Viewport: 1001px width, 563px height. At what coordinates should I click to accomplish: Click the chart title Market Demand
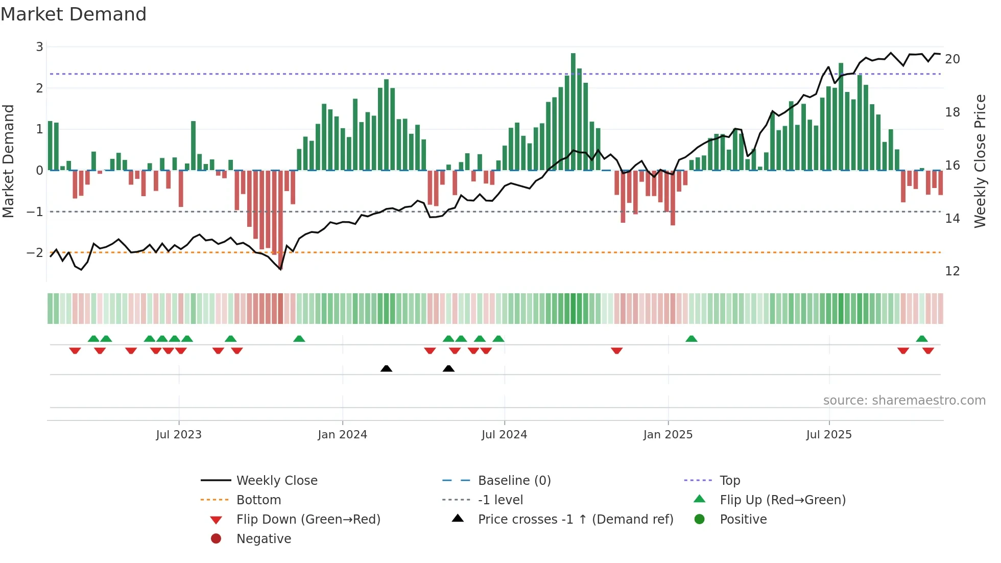coord(74,14)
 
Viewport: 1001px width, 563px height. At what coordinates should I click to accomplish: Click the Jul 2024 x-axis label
coord(504,435)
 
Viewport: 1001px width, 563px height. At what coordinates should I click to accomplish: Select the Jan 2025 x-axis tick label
coord(668,435)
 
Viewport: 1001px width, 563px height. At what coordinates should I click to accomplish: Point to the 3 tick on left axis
coord(39,47)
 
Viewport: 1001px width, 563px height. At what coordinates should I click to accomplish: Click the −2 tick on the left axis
coord(35,253)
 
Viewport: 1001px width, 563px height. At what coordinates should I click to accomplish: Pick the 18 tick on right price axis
coord(952,112)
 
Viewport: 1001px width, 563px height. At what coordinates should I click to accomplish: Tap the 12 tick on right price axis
coord(952,271)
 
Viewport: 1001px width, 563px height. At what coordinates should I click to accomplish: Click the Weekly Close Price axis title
coord(980,161)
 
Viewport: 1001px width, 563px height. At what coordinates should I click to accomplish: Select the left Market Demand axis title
coord(8,161)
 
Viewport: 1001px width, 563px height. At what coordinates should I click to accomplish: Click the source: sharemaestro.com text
coord(904,401)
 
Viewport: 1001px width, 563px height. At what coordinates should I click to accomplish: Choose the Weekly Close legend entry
coord(276,481)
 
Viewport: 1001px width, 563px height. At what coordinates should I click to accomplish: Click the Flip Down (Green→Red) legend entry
coord(308,520)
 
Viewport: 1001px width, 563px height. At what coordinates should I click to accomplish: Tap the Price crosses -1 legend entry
coord(575,520)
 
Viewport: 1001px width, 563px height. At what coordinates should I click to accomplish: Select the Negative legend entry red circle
coord(216,539)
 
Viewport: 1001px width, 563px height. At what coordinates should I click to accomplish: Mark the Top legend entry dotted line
coord(698,481)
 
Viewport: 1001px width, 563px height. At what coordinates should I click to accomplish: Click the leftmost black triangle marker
coord(387,369)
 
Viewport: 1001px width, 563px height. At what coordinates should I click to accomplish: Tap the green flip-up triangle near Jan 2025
coord(692,339)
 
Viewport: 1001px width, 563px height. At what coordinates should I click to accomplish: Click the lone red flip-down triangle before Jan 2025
coord(616,350)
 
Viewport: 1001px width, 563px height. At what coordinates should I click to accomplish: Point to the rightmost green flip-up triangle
coord(922,339)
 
